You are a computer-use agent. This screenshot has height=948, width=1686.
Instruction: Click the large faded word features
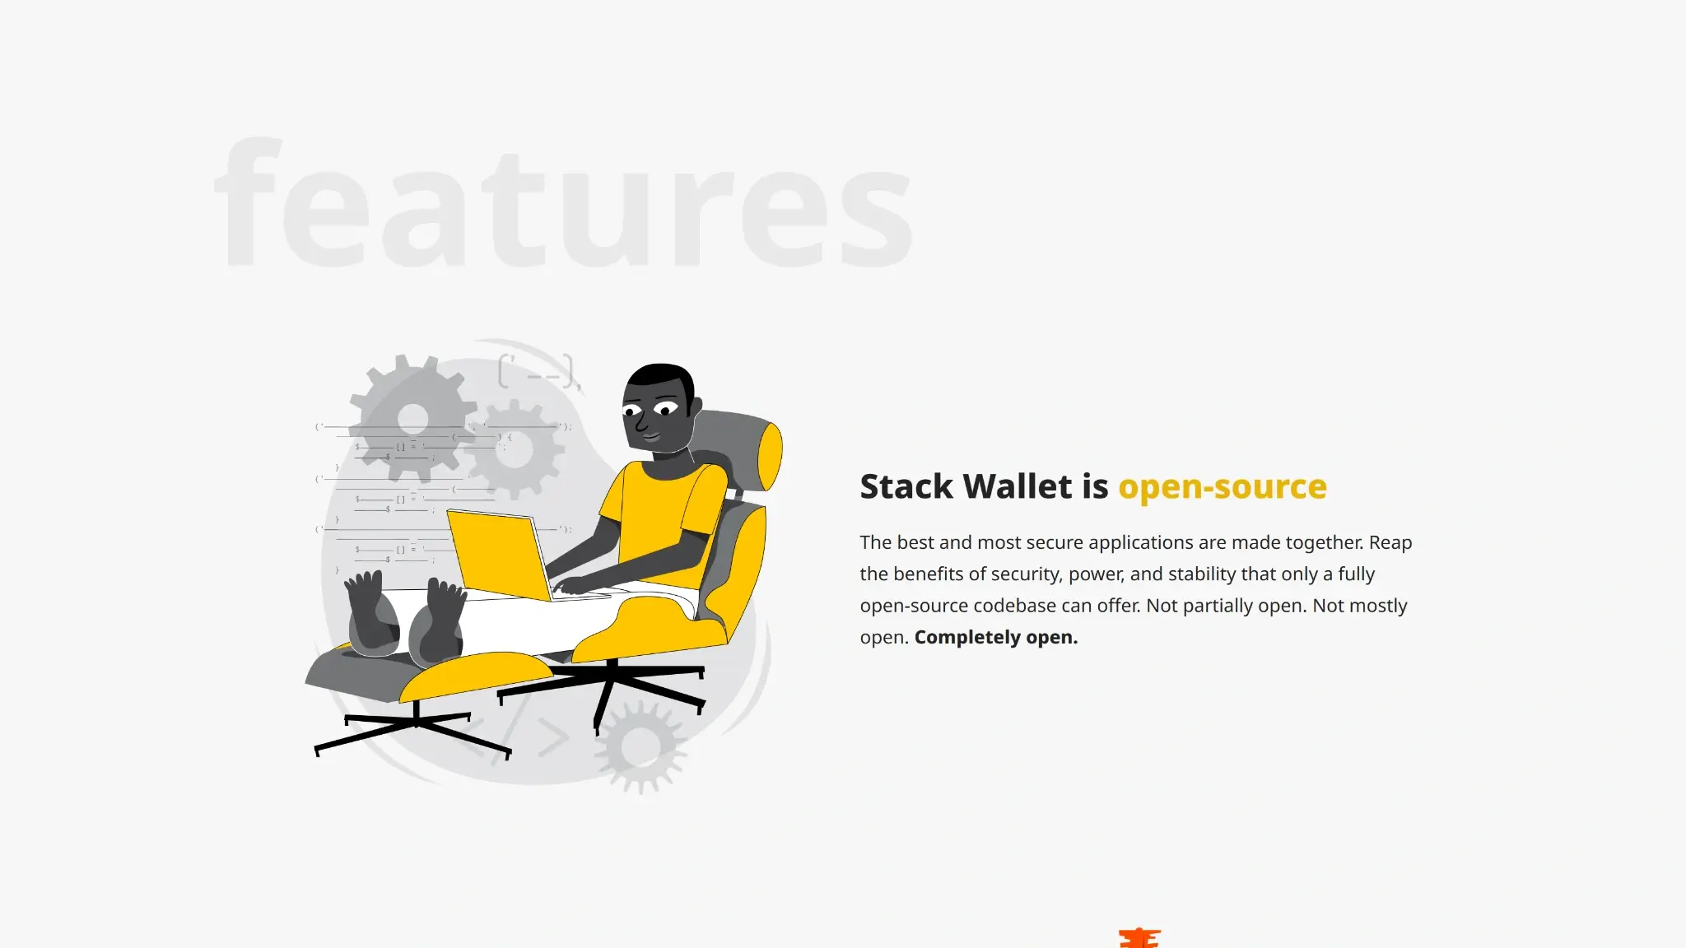coord(563,202)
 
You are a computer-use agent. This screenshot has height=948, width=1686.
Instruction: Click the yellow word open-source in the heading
coord(1223,487)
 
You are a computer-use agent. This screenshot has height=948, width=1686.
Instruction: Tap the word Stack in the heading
coord(907,486)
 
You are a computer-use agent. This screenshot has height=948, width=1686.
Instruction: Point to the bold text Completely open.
coord(996,637)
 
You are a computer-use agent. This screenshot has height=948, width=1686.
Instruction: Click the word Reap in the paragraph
coord(1390,542)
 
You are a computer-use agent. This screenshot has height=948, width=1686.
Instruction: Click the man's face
coord(655,411)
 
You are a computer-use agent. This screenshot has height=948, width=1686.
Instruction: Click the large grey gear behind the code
coord(413,418)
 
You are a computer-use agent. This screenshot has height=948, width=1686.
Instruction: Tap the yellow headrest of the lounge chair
coord(769,455)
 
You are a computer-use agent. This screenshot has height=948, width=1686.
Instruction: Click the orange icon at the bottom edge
coord(1140,938)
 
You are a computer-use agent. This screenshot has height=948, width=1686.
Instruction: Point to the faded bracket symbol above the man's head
coord(539,371)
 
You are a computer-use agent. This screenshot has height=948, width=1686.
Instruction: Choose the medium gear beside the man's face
coord(515,449)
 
